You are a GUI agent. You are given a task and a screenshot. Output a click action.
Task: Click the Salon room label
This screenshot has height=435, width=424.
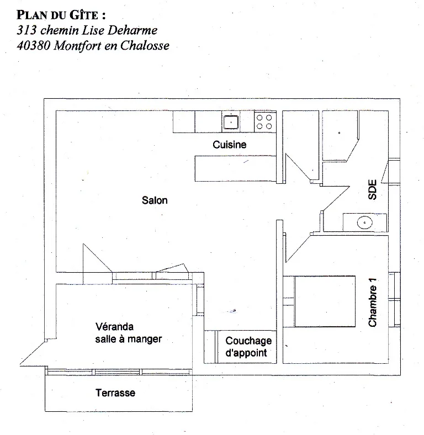[155, 200]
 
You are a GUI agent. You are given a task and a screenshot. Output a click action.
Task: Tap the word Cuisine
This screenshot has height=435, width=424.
[230, 145]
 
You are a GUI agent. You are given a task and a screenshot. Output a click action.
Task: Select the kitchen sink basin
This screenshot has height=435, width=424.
[231, 122]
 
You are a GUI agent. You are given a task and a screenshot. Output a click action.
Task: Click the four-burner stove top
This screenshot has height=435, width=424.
[264, 122]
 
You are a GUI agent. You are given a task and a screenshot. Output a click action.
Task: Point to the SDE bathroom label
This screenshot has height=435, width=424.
[373, 190]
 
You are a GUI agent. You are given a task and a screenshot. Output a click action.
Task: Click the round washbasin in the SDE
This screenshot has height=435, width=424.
[364, 222]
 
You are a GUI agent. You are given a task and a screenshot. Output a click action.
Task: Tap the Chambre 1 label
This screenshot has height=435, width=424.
[373, 303]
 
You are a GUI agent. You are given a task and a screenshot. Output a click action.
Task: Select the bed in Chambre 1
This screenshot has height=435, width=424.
[325, 301]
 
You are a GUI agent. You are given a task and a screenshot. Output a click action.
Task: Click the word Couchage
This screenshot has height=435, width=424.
[248, 341]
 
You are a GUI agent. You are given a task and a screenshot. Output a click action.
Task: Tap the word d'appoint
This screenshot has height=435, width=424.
[246, 353]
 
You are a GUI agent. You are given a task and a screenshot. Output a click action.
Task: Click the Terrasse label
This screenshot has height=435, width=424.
[115, 392]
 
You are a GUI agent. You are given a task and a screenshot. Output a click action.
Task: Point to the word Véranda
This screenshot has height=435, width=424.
[114, 327]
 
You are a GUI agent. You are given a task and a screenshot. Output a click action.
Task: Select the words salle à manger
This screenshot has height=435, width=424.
[129, 339]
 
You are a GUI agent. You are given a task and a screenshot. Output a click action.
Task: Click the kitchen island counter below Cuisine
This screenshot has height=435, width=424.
[236, 169]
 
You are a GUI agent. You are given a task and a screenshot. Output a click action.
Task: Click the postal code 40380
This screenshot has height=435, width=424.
[33, 45]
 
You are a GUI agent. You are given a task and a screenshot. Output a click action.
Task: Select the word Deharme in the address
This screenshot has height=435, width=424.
[132, 30]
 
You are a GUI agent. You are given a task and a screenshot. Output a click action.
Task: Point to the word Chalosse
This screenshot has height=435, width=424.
[145, 45]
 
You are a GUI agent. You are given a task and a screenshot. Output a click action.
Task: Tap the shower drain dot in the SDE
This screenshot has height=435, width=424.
[339, 133]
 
